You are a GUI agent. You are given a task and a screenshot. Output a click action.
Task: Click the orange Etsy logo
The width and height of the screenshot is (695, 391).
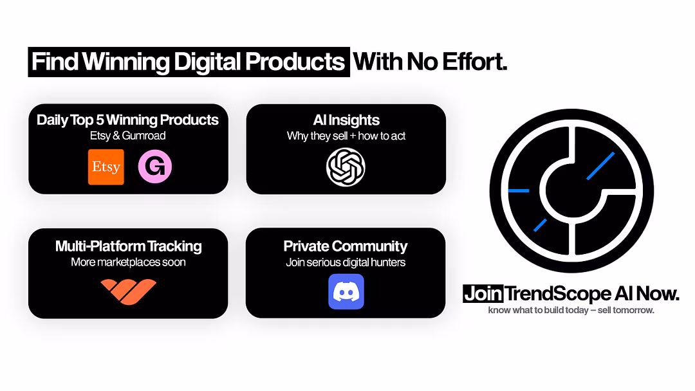106,167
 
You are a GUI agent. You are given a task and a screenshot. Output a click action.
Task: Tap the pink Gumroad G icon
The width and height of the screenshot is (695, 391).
155,167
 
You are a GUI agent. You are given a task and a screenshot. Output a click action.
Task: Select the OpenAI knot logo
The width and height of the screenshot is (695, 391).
346,167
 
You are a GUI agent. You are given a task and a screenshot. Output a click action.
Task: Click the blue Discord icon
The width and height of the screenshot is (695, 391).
346,292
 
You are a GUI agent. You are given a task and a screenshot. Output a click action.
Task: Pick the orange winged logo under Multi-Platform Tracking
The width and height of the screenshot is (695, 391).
128,291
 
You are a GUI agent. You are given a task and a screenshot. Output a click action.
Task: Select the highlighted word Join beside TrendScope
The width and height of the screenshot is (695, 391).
483,295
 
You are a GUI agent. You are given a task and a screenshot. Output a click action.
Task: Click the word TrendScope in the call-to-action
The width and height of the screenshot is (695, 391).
557,295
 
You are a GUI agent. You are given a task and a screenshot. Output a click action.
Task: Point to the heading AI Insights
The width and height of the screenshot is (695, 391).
346,120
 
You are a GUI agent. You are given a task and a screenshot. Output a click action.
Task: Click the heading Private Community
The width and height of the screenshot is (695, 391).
346,246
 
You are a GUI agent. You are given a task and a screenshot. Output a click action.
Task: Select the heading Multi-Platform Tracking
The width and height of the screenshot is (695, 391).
128,246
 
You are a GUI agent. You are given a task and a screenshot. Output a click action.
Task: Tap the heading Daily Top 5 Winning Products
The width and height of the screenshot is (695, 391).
127,120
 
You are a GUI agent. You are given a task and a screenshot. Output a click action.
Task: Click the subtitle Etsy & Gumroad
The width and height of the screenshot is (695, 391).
127,136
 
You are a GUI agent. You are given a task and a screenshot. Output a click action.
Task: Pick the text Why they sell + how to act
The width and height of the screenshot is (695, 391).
346,136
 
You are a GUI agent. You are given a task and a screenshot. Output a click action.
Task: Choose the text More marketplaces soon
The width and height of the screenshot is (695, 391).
128,262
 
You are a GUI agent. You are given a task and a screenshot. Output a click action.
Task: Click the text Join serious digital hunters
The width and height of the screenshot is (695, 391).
346,262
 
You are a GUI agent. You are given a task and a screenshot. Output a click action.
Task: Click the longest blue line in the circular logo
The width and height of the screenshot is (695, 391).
600,165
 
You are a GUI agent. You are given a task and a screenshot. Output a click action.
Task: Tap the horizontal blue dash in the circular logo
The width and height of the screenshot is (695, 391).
519,191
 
